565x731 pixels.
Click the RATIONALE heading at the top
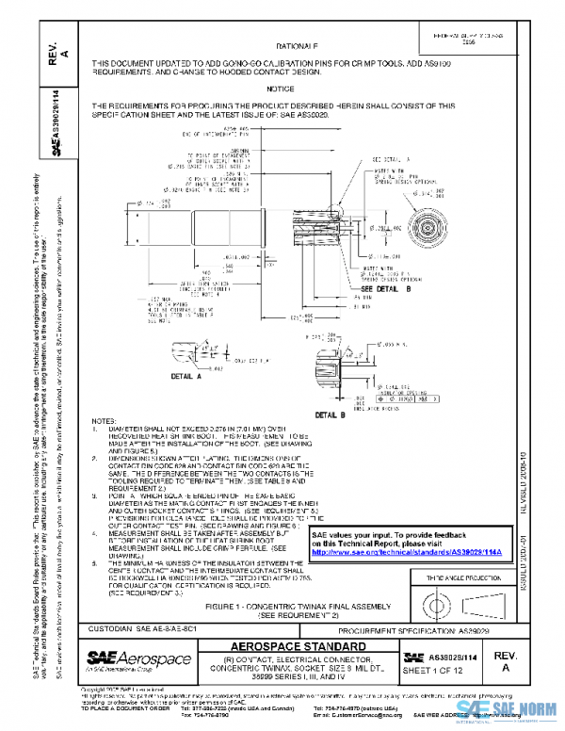(x=299, y=45)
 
